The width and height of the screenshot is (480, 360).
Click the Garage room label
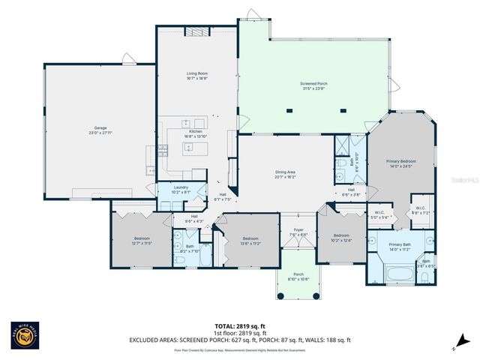click(100, 129)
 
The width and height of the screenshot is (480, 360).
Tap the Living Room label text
click(196, 75)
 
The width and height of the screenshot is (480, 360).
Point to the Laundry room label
click(180, 188)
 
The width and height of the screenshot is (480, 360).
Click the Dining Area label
click(286, 174)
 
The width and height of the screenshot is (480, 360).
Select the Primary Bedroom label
click(401, 163)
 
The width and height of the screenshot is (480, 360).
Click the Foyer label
click(298, 232)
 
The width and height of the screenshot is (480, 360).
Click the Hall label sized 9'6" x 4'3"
click(194, 219)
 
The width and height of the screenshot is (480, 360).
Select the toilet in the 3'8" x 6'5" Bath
click(424, 278)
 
